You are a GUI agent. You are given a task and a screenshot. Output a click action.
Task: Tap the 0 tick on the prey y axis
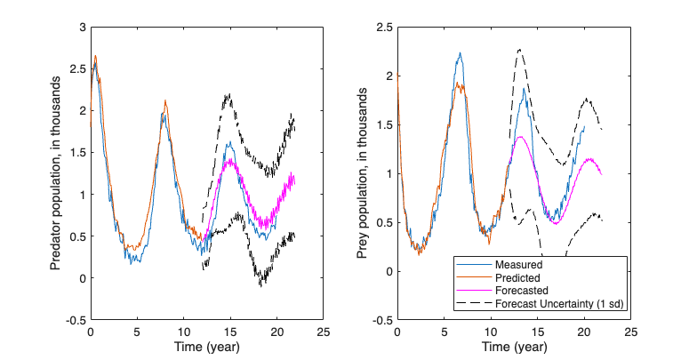[388, 271]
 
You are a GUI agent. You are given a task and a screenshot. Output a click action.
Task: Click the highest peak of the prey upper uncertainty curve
[519, 50]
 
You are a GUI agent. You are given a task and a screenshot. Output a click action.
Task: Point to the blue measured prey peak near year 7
[460, 53]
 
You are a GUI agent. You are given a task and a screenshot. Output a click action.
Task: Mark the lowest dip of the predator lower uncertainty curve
[261, 285]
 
